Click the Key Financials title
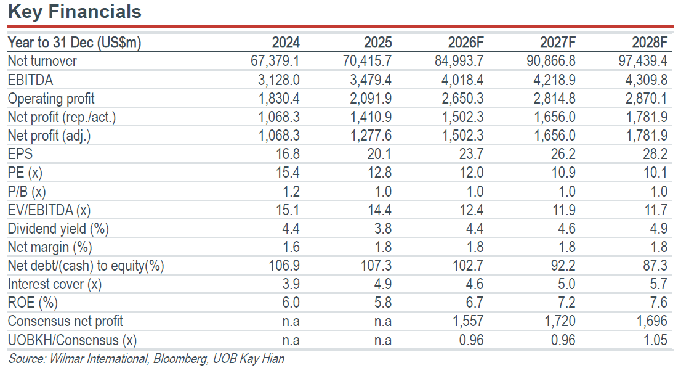click(x=75, y=12)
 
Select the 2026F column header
click(x=465, y=43)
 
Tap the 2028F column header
click(x=650, y=43)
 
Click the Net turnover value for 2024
click(x=275, y=61)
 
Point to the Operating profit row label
click(x=51, y=99)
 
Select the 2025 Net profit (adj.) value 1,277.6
click(x=371, y=136)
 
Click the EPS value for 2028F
click(x=655, y=154)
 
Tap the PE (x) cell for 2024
click(x=288, y=173)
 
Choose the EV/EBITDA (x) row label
click(x=49, y=211)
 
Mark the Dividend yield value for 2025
click(x=382, y=229)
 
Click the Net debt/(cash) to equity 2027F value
click(x=563, y=266)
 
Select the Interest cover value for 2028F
click(x=658, y=285)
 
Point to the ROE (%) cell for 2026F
click(x=475, y=303)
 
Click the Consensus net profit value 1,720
click(x=560, y=321)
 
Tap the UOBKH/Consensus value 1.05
click(x=655, y=340)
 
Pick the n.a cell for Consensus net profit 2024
click(x=291, y=322)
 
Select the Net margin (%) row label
click(x=50, y=248)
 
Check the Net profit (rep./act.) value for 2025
click(x=371, y=117)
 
